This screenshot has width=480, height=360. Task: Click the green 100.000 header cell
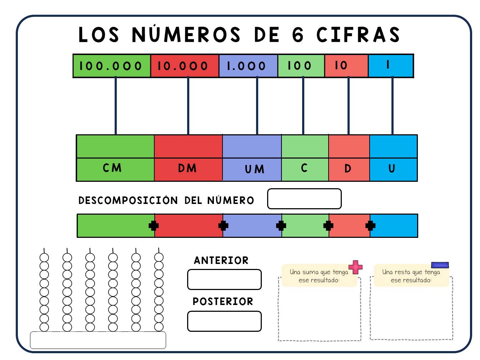click(112, 66)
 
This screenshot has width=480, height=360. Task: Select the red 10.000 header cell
click(185, 66)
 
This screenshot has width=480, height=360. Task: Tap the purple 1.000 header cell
click(248, 66)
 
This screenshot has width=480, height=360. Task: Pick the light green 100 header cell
click(301, 66)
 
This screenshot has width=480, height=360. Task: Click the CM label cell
click(115, 169)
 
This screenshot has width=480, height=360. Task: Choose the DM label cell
click(188, 169)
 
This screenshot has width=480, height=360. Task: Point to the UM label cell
click(252, 169)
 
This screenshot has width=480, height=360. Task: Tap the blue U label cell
click(394, 169)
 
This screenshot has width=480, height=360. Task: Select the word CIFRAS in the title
click(358, 35)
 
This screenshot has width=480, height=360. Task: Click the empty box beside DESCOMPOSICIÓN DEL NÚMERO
click(304, 199)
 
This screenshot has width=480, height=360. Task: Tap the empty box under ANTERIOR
click(224, 280)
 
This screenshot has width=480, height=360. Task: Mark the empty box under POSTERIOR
click(224, 321)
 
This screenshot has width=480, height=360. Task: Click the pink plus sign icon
click(355, 267)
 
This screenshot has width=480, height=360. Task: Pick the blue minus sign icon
click(440, 265)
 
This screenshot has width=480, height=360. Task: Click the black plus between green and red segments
click(154, 226)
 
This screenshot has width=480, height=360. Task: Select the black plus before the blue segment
click(370, 226)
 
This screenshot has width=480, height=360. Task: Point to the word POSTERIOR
click(223, 301)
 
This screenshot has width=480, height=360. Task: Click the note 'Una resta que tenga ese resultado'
click(411, 276)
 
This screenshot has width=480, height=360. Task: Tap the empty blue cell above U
click(394, 146)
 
